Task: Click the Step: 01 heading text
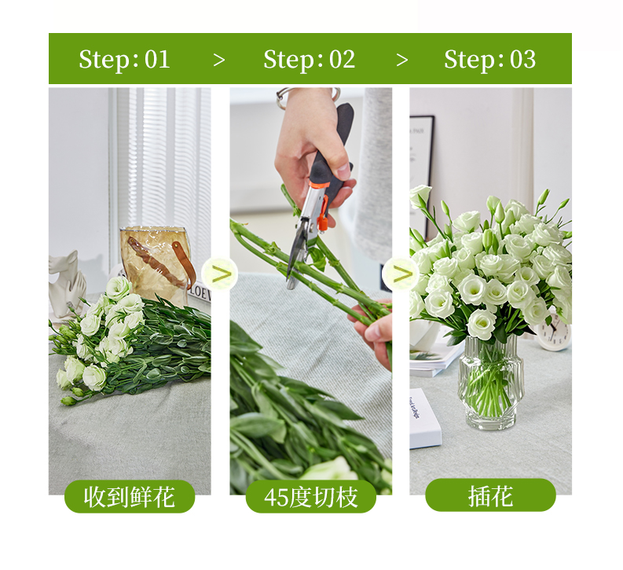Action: tap(124, 59)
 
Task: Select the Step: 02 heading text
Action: tap(309, 59)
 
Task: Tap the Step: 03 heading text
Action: tap(490, 59)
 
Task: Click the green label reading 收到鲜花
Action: tap(130, 496)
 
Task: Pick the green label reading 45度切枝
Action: tap(310, 496)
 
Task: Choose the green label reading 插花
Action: tap(490, 495)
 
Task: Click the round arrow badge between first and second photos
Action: tap(220, 274)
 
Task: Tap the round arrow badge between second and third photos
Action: tap(401, 274)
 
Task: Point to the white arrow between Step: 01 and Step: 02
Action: tap(219, 61)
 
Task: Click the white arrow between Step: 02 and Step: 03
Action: tap(402, 61)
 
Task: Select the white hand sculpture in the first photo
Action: tap(67, 283)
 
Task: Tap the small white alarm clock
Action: tap(553, 333)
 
